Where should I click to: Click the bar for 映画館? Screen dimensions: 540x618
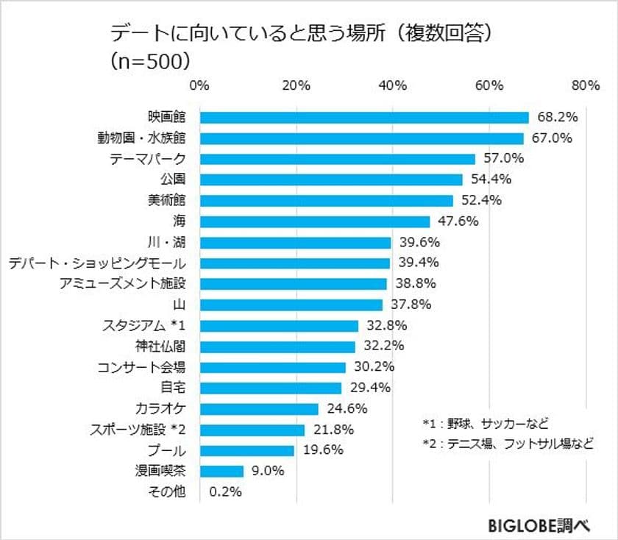(364, 117)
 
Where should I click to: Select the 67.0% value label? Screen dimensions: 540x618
(551, 138)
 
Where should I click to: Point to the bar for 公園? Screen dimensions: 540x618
(331, 180)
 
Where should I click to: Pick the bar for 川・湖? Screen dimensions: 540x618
(295, 242)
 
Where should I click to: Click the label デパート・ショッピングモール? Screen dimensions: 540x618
(97, 263)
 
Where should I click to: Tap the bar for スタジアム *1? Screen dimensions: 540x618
(279, 325)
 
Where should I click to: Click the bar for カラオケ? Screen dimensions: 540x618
(259, 408)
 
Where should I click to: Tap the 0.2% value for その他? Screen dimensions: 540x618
(226, 492)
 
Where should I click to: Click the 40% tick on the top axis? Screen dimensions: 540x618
(393, 85)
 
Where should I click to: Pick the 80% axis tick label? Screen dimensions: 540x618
(586, 85)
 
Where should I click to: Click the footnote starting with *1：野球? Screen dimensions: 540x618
(486, 423)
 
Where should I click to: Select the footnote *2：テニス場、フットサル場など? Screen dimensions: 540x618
(508, 444)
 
